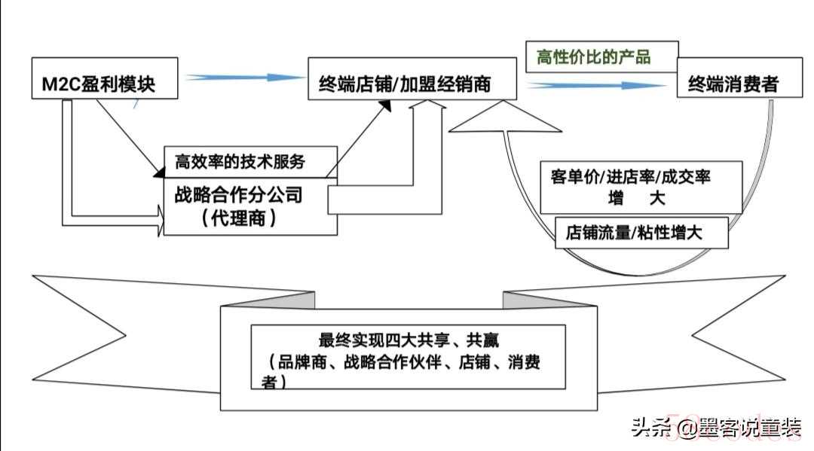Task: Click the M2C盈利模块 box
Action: click(105, 78)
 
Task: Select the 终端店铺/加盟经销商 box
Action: click(412, 79)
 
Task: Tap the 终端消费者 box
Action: click(740, 78)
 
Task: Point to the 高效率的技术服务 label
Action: click(240, 162)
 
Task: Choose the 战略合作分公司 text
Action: click(238, 195)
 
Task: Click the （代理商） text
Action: click(238, 218)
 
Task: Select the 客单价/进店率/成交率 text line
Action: click(630, 177)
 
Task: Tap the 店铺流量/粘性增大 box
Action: click(641, 233)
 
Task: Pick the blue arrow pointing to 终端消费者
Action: click(597, 86)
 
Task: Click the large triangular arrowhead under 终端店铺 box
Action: click(504, 117)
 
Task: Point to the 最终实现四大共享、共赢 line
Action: click(409, 340)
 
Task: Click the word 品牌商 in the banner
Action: click(301, 362)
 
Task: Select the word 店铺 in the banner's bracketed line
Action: click(475, 362)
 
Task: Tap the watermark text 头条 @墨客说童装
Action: click(717, 428)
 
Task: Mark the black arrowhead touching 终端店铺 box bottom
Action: click(384, 106)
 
